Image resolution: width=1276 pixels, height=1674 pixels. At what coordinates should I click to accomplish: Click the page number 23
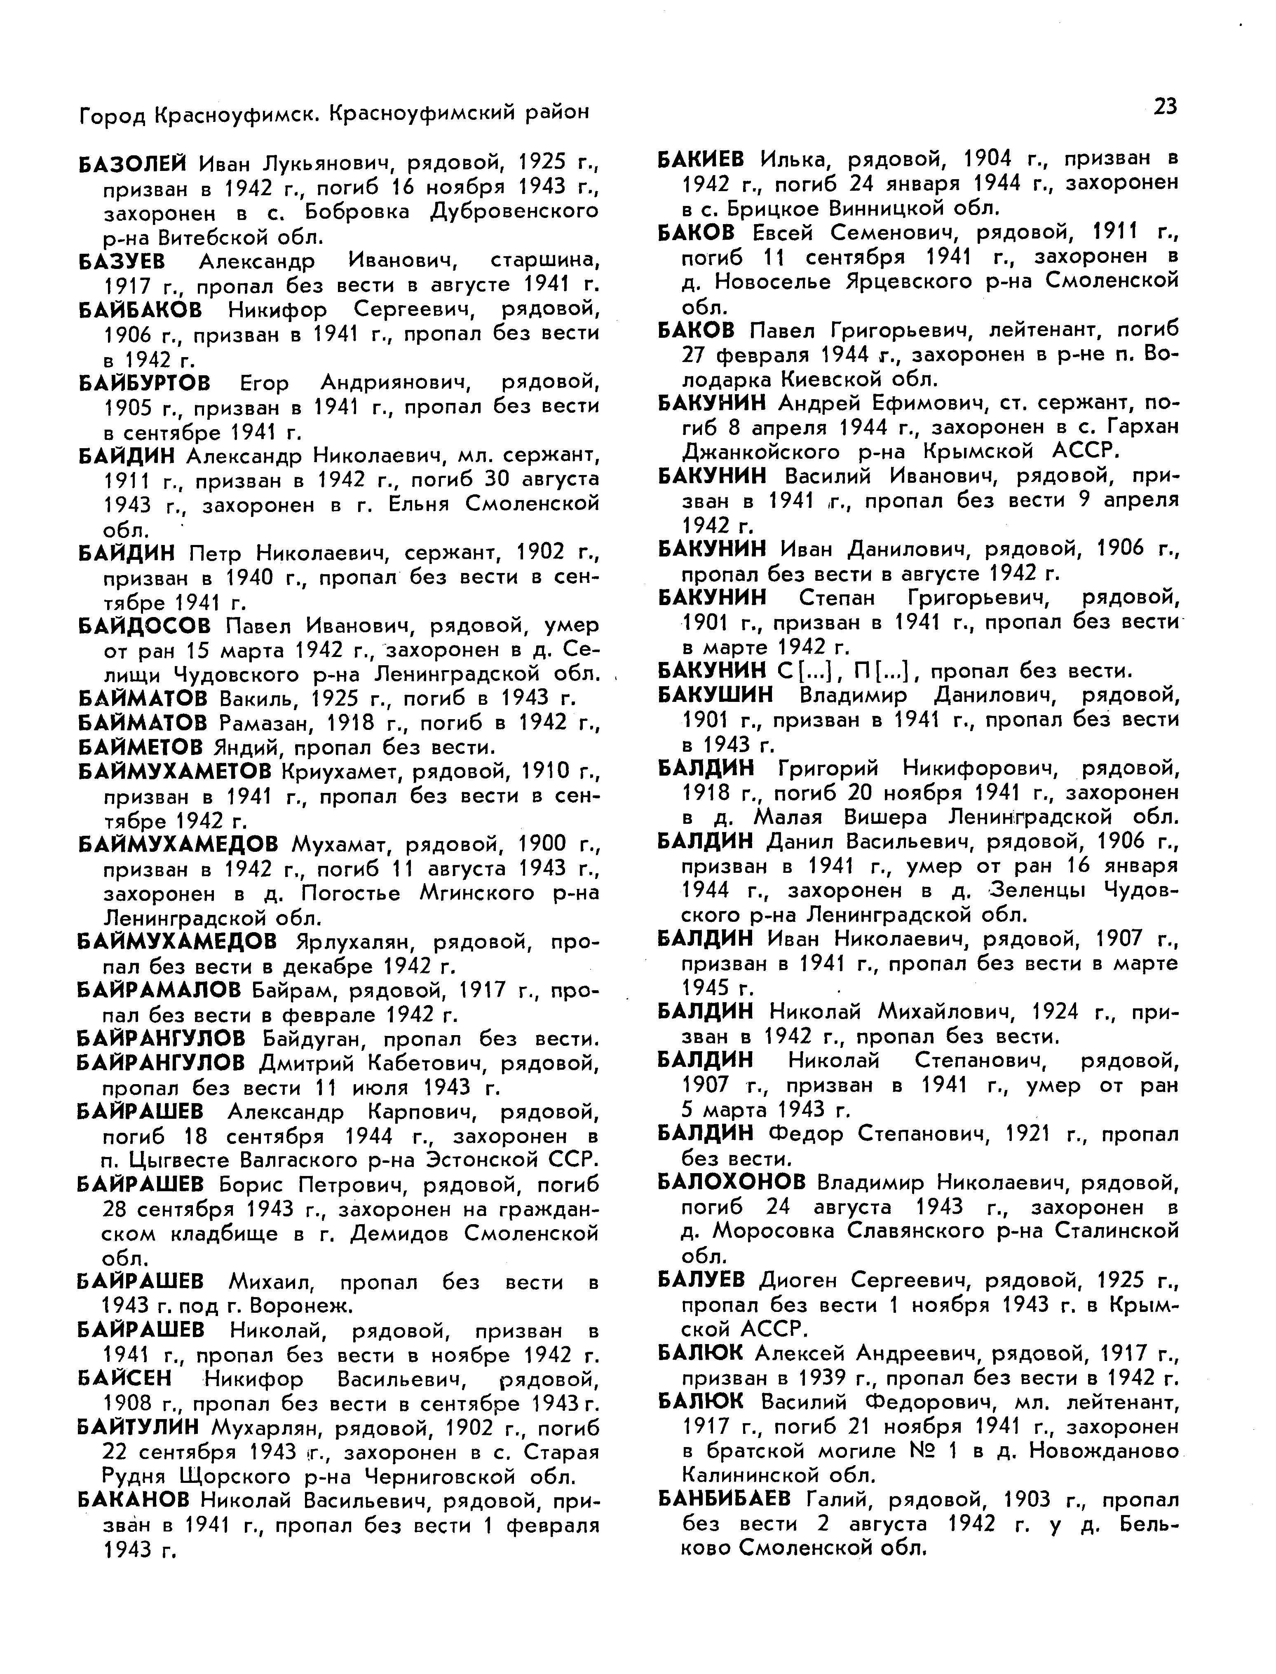click(x=1165, y=106)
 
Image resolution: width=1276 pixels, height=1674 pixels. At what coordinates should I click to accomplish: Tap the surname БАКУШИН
click(x=715, y=694)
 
